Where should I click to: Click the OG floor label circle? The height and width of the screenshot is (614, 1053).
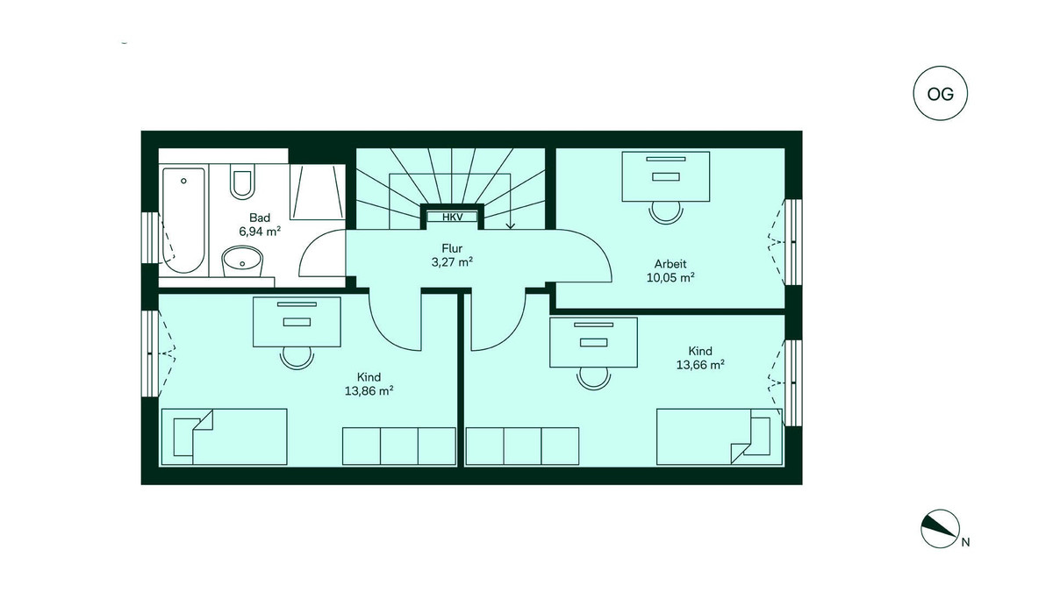(x=941, y=93)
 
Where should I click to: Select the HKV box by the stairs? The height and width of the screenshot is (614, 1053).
(x=452, y=217)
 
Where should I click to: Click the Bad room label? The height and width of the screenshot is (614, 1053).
(x=260, y=218)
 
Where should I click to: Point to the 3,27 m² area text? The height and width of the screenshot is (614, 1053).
(x=452, y=261)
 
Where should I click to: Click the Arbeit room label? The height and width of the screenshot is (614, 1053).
(x=670, y=263)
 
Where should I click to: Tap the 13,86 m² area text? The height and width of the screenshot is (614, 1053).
(x=369, y=391)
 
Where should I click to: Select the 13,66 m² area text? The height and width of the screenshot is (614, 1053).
(x=700, y=365)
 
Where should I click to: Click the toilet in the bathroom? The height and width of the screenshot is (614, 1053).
(x=241, y=181)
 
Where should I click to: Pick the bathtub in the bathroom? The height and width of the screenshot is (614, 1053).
(x=183, y=219)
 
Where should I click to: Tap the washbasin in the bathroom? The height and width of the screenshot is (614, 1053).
(x=242, y=261)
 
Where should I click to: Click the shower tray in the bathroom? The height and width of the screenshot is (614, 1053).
(x=315, y=190)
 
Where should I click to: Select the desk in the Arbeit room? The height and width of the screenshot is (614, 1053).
(x=666, y=175)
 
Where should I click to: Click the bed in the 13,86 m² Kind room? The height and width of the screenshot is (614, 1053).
(x=225, y=436)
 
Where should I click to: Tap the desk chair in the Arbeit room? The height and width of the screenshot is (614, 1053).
(x=666, y=211)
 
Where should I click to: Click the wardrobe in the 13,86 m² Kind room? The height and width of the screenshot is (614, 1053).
(x=398, y=446)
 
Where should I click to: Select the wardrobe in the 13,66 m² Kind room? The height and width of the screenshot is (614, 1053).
(x=523, y=446)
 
